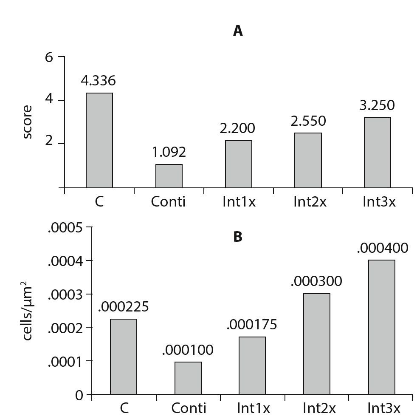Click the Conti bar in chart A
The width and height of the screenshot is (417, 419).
pyautogui.click(x=169, y=176)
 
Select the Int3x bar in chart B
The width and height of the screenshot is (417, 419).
pyautogui.click(x=381, y=327)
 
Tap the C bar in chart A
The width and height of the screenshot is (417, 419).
pyautogui.click(x=99, y=140)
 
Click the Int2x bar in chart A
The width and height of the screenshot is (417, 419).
pyautogui.click(x=308, y=160)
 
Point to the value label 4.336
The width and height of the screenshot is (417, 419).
pyautogui.click(x=99, y=80)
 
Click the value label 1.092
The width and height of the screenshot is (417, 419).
pyautogui.click(x=169, y=152)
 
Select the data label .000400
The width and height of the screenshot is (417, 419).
pyautogui.click(x=382, y=247)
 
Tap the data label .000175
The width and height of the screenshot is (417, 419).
pyautogui.click(x=252, y=325)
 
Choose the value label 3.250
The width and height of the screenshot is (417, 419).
pyautogui.click(x=377, y=105)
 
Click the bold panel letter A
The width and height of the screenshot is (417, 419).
pyautogui.click(x=238, y=31)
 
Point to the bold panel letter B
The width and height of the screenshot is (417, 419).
pyautogui.click(x=238, y=237)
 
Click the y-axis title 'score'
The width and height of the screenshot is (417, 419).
pyautogui.click(x=27, y=122)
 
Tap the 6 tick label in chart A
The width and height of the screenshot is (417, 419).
pyautogui.click(x=49, y=57)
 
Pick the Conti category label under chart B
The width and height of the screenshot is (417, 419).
pyautogui.click(x=189, y=408)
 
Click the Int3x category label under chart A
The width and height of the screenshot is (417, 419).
pyautogui.click(x=379, y=201)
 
